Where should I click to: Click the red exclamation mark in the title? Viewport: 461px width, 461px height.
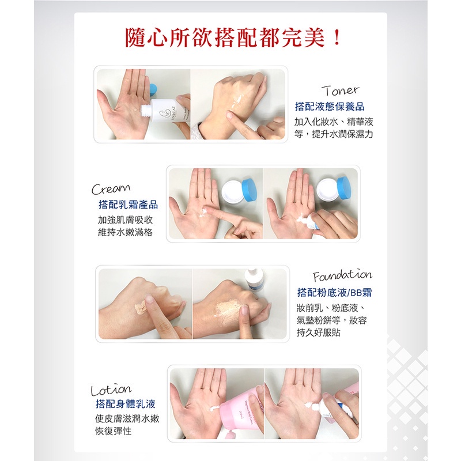[337, 37]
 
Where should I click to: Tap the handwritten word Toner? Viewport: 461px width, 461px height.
[340, 91]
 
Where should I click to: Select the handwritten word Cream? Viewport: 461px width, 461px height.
[111, 189]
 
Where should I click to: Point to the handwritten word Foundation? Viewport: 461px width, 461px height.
[342, 276]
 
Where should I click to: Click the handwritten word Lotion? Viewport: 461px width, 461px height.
[111, 390]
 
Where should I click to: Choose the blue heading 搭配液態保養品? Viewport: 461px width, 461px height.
[330, 107]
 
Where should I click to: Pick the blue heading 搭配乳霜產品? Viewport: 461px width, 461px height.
[128, 205]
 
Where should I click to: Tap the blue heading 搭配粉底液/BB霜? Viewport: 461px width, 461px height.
[335, 293]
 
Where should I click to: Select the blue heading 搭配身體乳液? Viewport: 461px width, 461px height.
[126, 404]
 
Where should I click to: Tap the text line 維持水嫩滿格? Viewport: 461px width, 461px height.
[125, 232]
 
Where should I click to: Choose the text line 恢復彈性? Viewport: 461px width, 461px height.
[113, 431]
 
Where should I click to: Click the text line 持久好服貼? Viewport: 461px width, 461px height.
[319, 332]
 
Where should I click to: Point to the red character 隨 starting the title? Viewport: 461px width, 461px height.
[135, 37]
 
